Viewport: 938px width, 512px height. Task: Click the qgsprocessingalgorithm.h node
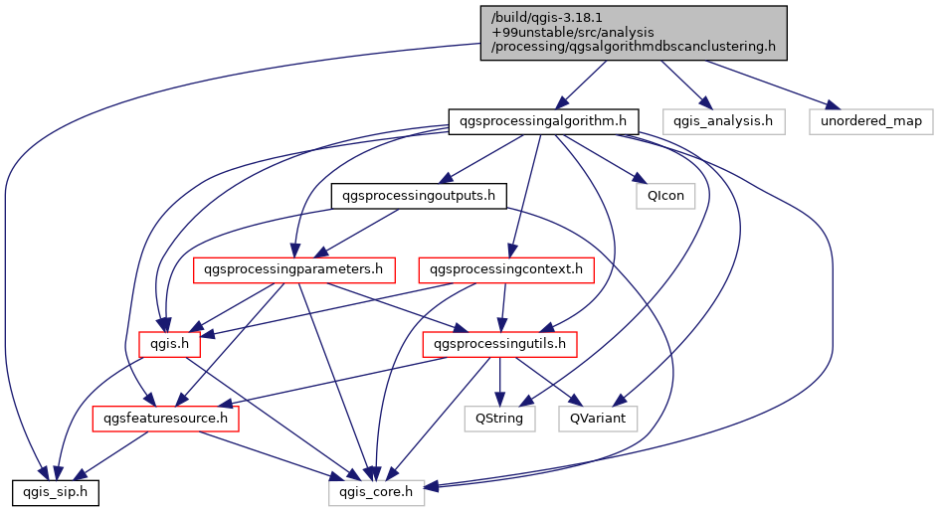pyautogui.click(x=543, y=121)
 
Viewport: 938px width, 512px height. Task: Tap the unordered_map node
pyautogui.click(x=871, y=121)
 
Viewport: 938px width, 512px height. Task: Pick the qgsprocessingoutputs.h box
pyautogui.click(x=418, y=196)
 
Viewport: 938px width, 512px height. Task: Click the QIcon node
pyautogui.click(x=665, y=196)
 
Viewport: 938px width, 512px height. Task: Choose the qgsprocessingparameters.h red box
pyautogui.click(x=293, y=269)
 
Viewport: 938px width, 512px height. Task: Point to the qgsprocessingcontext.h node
pyautogui.click(x=507, y=269)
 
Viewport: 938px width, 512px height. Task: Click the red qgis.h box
pyautogui.click(x=169, y=344)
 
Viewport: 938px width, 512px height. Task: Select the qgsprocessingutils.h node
pyautogui.click(x=500, y=344)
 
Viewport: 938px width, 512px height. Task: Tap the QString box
pyautogui.click(x=500, y=419)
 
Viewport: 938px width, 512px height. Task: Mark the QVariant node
pyautogui.click(x=598, y=419)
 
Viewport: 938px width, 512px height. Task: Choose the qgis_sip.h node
pyautogui.click(x=56, y=491)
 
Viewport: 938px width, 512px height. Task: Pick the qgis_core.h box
pyautogui.click(x=377, y=491)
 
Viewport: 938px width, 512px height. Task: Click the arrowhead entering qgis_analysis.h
pyautogui.click(x=706, y=104)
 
